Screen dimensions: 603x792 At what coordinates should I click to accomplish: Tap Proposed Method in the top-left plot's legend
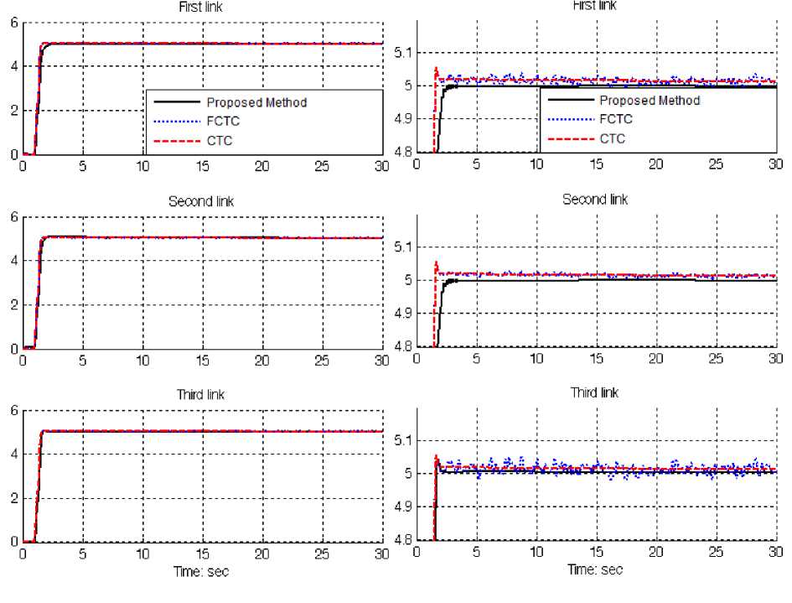[x=256, y=102]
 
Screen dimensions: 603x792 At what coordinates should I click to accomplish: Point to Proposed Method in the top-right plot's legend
[x=650, y=101]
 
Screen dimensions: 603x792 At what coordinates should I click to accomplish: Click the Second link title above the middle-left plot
[x=201, y=201]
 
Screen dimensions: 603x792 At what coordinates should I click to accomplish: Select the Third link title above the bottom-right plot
[x=594, y=392]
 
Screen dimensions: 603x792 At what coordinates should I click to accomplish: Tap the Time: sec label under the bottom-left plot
[x=201, y=572]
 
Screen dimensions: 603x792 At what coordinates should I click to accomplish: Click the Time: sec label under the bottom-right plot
[x=595, y=569]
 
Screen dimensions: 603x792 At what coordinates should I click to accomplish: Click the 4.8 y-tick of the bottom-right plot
[x=403, y=540]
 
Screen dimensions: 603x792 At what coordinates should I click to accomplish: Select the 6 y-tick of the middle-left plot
[x=13, y=217]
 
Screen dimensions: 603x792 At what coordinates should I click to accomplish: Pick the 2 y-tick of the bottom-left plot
[x=13, y=498]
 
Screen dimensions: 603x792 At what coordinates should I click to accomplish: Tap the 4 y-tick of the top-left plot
[x=13, y=66]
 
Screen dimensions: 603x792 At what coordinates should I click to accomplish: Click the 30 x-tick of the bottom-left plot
[x=381, y=554]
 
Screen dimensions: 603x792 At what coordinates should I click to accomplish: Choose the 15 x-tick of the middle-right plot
[x=596, y=358]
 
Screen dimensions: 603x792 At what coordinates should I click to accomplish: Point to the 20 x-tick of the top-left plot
[x=262, y=166]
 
